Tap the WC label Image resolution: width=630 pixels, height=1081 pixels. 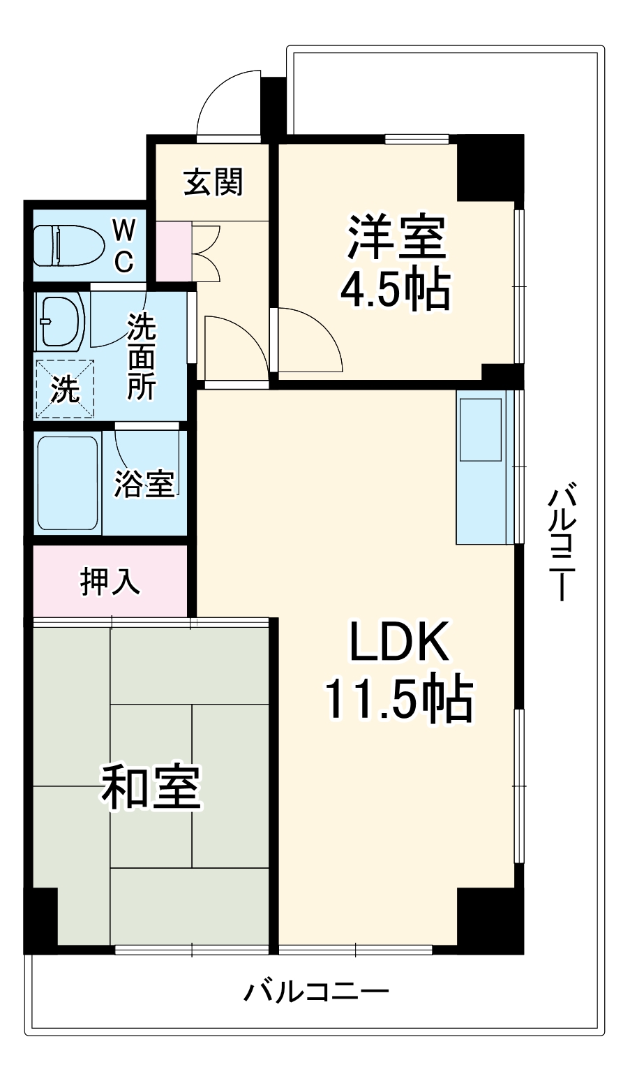[x=123, y=245]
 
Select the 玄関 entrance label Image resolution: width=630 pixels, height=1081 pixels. [x=213, y=183]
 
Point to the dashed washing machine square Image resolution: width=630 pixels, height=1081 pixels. [x=64, y=388]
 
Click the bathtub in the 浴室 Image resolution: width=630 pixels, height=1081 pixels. [x=68, y=483]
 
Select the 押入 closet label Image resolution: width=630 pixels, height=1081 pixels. [x=111, y=581]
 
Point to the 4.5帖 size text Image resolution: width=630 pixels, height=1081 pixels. [x=394, y=288]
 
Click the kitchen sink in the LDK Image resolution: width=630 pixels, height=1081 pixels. [x=480, y=429]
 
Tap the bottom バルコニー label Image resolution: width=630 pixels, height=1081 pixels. [x=315, y=992]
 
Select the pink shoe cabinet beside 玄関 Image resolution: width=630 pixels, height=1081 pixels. [x=172, y=251]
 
